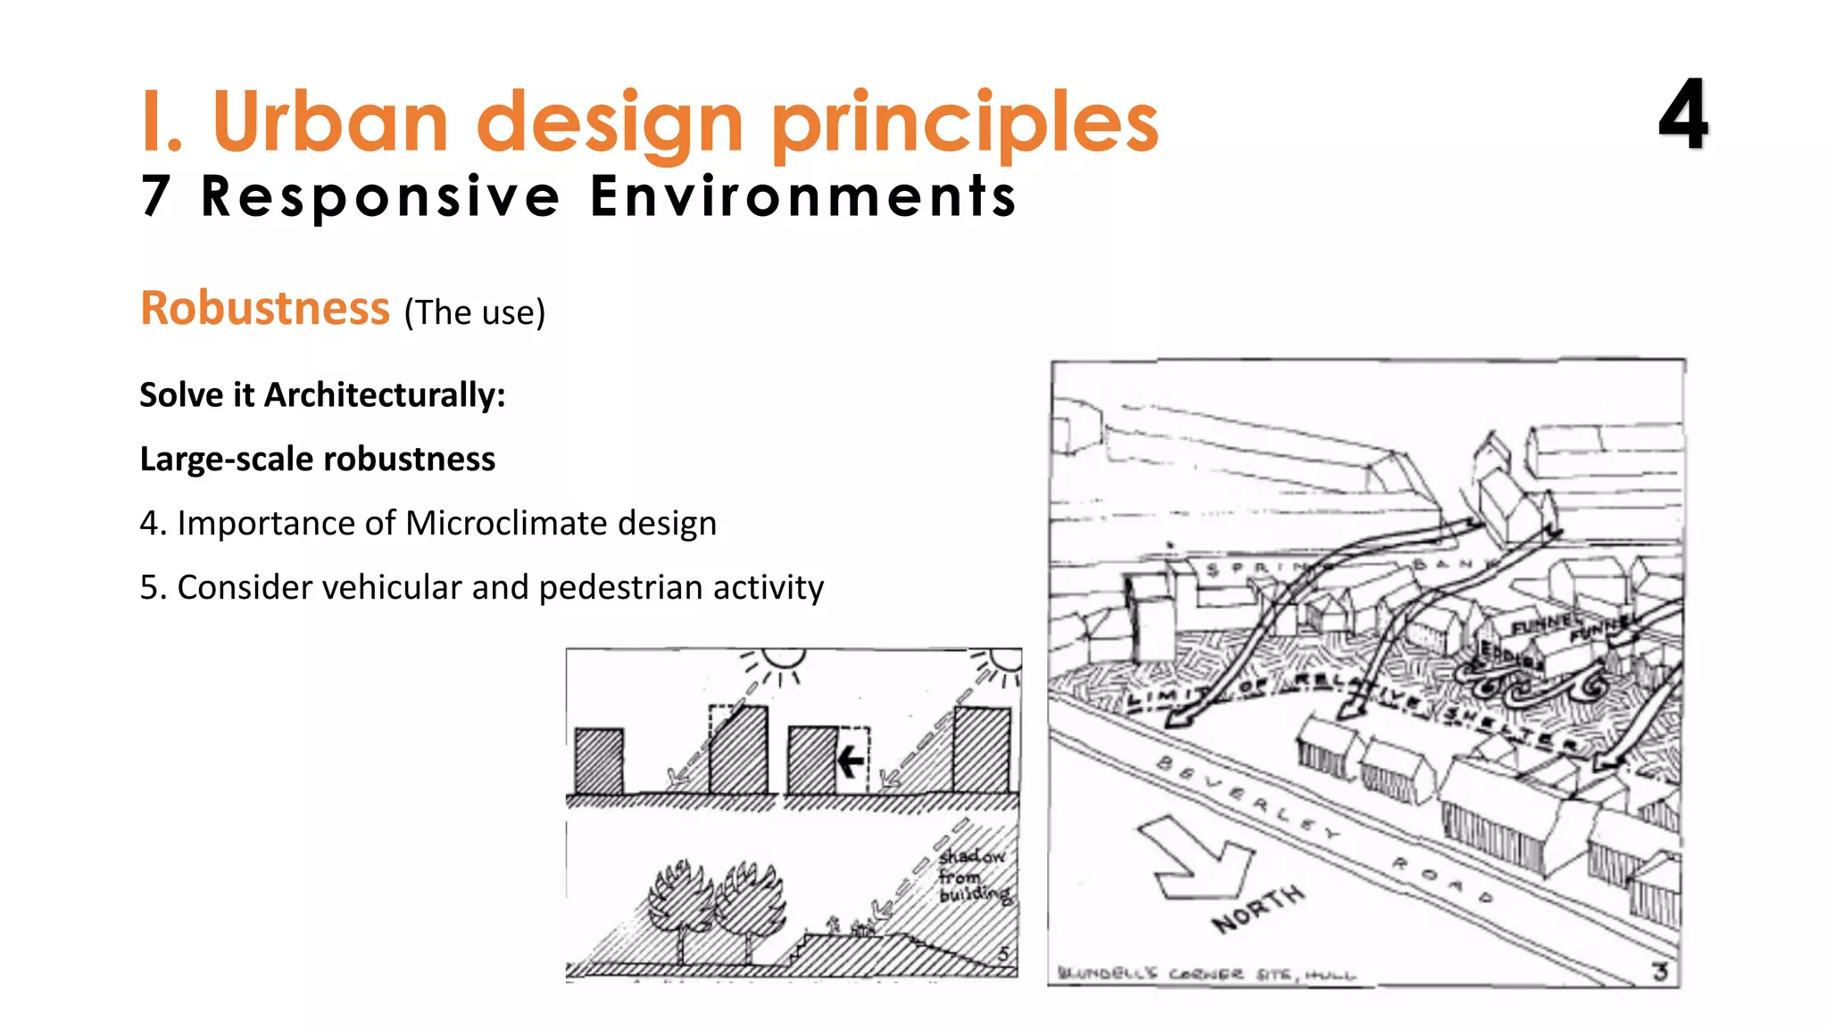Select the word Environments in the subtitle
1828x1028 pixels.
click(x=803, y=196)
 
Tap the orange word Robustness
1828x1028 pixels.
click(x=265, y=309)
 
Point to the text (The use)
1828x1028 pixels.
click(x=474, y=313)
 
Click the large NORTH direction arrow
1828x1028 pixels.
click(x=1195, y=856)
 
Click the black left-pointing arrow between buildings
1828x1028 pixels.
click(x=850, y=761)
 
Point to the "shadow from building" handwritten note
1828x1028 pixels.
click(x=973, y=875)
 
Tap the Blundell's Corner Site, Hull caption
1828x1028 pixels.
click(x=1206, y=974)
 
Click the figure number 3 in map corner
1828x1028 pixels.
click(x=1659, y=971)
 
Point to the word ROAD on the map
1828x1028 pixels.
click(x=1442, y=879)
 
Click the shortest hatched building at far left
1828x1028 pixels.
click(x=599, y=761)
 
